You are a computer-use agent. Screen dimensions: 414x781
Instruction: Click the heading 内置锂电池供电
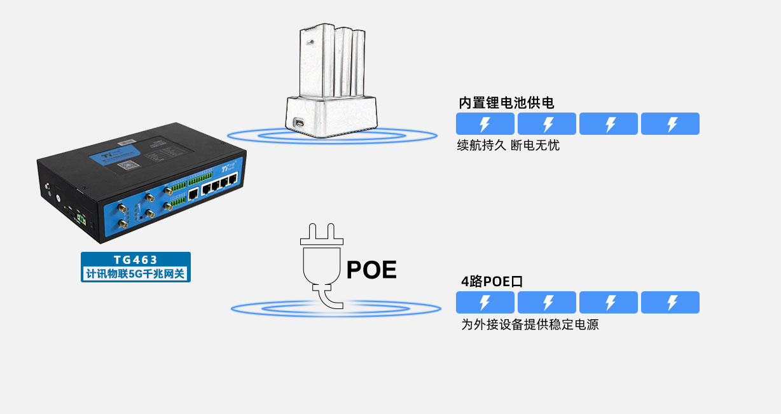[506, 103]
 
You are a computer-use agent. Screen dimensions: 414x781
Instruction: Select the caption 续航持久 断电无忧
[508, 146]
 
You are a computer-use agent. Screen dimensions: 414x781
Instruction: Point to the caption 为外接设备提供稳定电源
[530, 325]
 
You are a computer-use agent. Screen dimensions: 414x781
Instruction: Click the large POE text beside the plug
[371, 270]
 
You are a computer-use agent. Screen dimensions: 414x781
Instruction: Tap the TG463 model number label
[135, 260]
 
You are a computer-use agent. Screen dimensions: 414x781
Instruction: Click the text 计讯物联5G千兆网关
[135, 275]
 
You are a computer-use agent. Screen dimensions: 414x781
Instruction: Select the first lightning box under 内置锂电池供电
[485, 124]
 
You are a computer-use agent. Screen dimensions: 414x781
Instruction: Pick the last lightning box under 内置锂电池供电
[670, 124]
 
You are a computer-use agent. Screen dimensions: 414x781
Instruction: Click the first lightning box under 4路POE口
[485, 303]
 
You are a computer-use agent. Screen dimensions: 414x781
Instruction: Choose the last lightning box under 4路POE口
[670, 303]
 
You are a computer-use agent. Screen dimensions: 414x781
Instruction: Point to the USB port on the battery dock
[297, 123]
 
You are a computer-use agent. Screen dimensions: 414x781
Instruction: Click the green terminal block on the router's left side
[81, 219]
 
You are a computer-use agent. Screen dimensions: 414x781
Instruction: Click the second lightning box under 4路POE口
[547, 303]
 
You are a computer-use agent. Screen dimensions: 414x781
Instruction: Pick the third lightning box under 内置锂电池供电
[609, 124]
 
